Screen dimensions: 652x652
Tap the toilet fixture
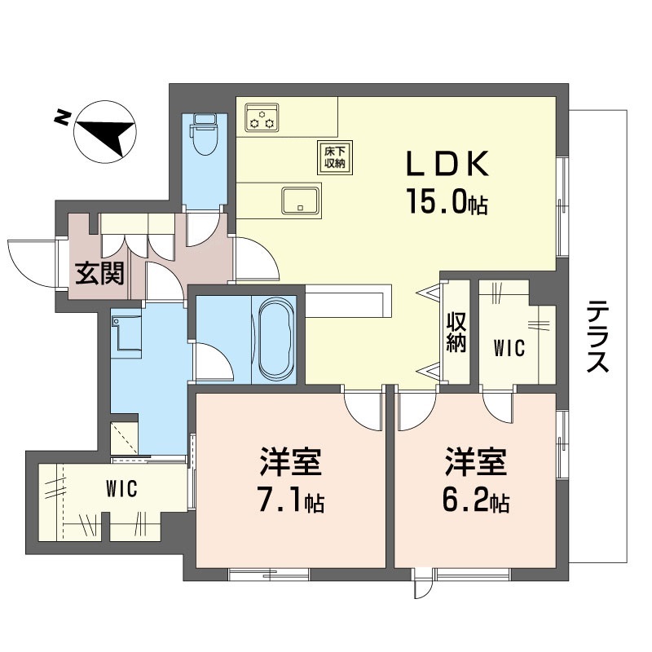(203, 134)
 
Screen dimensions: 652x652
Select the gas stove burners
(263, 117)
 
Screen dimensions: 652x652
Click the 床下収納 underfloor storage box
(330, 156)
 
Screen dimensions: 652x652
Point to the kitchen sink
(300, 200)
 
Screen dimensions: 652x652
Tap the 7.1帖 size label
(290, 502)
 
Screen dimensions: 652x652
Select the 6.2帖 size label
(476, 502)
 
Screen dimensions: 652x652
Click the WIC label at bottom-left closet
(121, 489)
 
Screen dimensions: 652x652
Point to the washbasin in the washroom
(126, 334)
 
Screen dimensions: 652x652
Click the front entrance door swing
(33, 261)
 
